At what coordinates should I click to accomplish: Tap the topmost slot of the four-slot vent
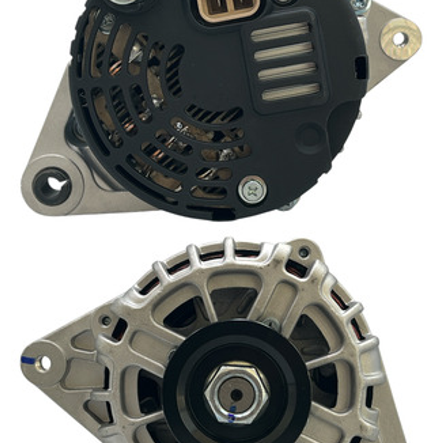280,32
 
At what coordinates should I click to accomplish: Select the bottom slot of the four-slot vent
291,92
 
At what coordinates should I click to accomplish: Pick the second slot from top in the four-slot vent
283,52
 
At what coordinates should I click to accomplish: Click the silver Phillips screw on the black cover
252,190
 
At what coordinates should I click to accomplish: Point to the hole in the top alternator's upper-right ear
400,39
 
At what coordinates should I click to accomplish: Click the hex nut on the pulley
236,394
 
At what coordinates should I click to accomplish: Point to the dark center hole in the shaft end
236,395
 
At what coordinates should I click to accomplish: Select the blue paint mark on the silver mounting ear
28,360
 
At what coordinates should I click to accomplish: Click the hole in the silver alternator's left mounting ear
43,363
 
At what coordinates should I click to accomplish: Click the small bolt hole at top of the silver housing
304,252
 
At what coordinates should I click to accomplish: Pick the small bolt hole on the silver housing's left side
106,321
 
